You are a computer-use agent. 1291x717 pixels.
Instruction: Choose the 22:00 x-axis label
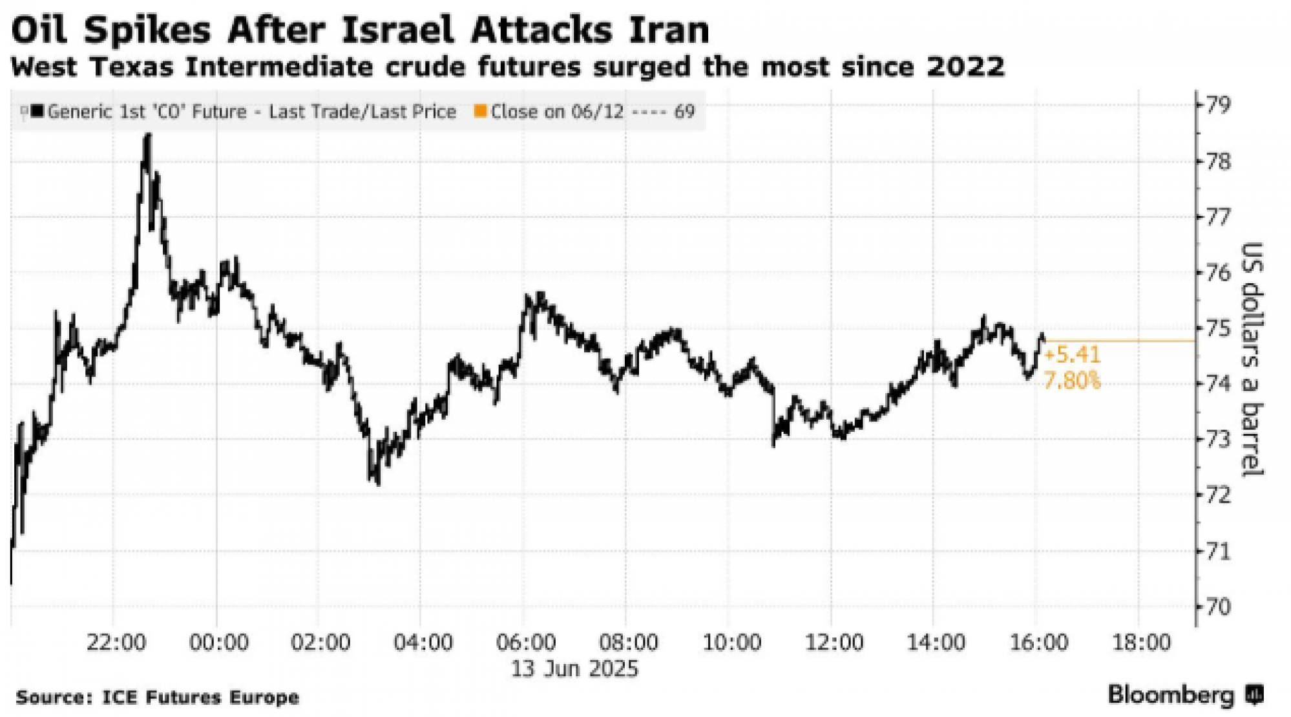116,643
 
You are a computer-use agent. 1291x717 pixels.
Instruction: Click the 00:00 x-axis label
218,643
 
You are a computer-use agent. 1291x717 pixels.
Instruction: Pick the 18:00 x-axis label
1140,643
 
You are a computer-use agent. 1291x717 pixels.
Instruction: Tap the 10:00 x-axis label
731,643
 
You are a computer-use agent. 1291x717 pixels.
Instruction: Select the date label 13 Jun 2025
574,669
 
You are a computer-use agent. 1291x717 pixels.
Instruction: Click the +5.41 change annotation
1071,355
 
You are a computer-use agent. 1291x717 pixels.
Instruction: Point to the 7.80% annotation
1071,381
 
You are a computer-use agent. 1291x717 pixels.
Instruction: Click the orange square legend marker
480,111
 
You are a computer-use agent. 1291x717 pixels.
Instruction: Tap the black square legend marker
37,111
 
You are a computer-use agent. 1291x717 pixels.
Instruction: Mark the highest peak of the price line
148,134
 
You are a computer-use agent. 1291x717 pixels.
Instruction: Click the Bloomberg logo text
1170,695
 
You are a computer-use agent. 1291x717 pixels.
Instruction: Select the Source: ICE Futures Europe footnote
157,698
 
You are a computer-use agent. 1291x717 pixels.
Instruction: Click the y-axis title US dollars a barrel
1251,359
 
